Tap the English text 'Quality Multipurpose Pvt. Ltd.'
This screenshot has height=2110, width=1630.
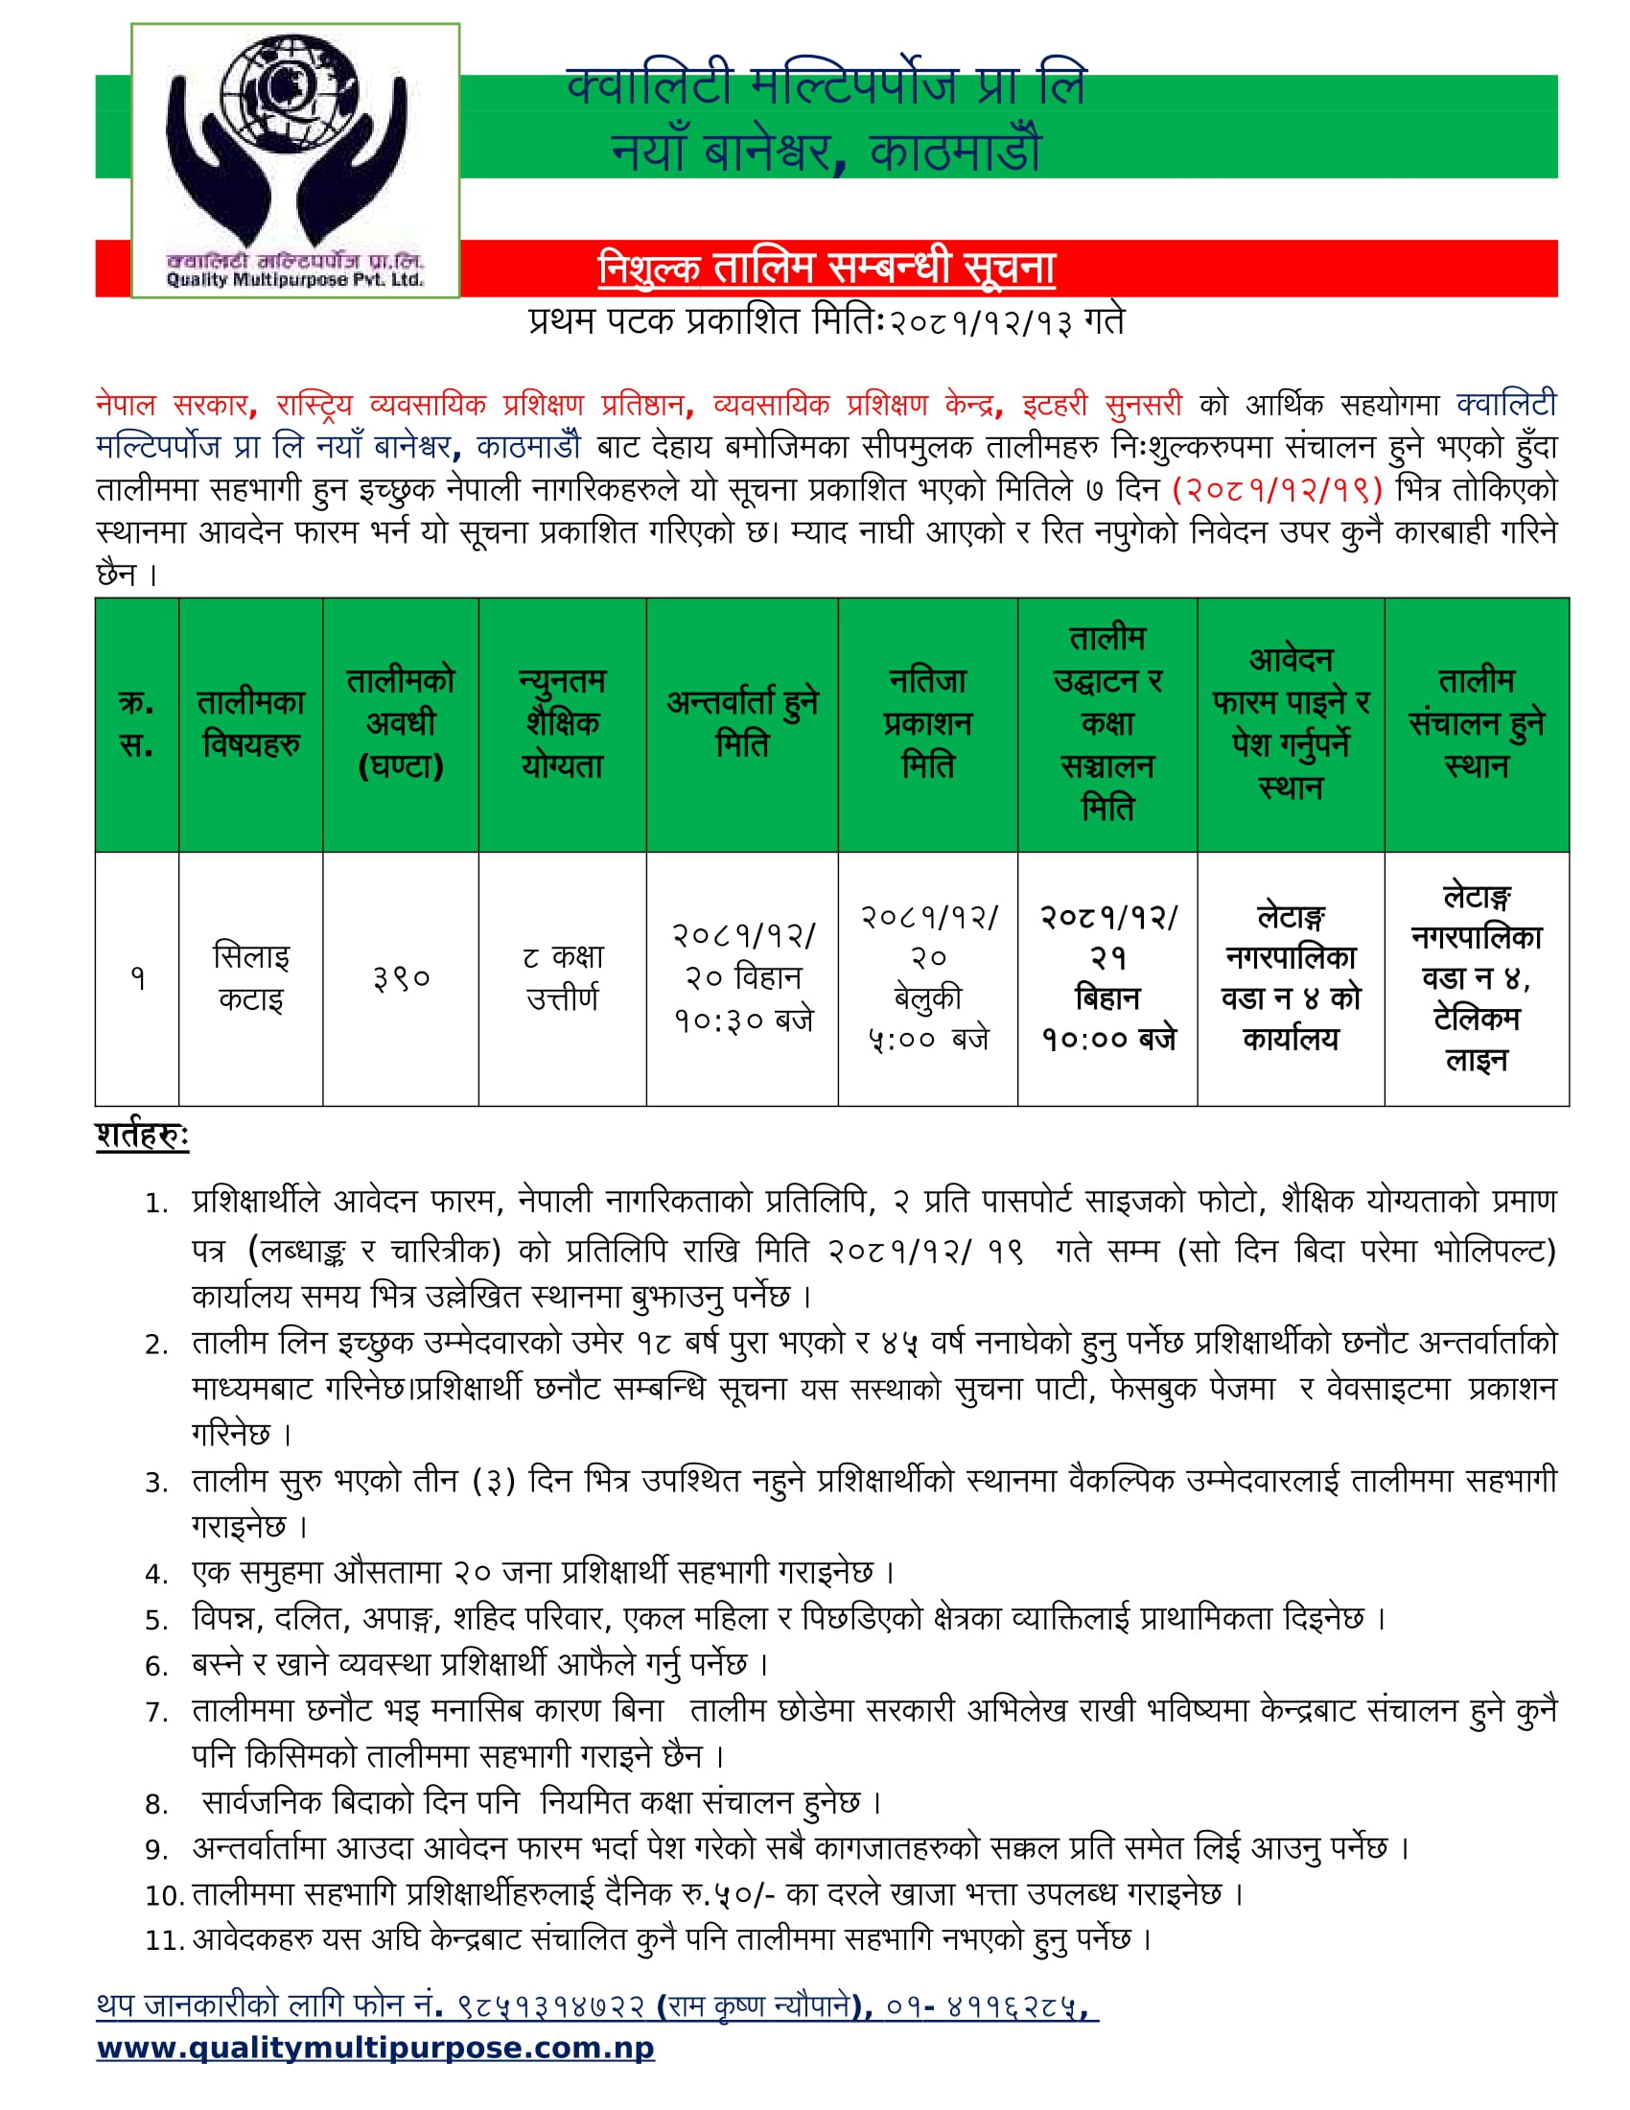pos(294,280)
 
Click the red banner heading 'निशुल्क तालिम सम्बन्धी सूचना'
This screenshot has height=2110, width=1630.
pos(826,268)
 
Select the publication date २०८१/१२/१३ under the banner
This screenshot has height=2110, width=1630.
pos(980,321)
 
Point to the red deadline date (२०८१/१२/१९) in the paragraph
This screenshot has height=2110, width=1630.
pos(1276,489)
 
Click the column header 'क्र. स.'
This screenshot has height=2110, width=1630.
pos(136,723)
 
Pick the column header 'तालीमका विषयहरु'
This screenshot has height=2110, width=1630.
pos(251,723)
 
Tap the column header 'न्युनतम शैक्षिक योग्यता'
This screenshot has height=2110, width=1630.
pos(562,723)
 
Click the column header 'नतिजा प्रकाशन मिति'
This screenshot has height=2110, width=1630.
pos(927,723)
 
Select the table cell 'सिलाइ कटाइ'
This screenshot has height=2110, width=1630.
pos(251,977)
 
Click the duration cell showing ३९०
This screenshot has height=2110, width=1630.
pos(401,978)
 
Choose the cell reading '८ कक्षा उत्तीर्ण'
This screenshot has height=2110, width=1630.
pos(562,977)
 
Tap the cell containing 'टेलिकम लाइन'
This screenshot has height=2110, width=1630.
pos(1477,1039)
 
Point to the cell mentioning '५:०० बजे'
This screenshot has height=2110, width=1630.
pos(928,1039)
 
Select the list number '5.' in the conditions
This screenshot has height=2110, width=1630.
pos(157,1620)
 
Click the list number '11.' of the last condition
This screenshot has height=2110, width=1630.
pos(164,1940)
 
